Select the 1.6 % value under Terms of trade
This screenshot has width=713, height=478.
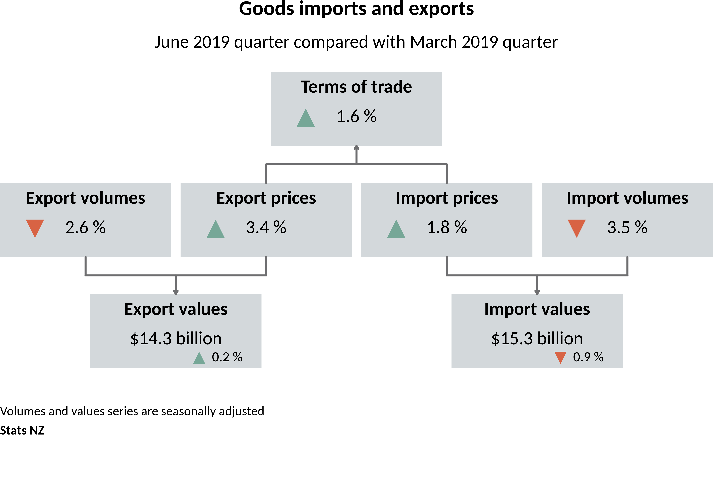pyautogui.click(x=356, y=116)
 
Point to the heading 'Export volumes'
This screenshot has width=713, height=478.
pyautogui.click(x=86, y=198)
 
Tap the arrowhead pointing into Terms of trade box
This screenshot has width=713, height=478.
pyautogui.click(x=356, y=147)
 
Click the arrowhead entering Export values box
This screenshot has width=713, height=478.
pyautogui.click(x=176, y=292)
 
